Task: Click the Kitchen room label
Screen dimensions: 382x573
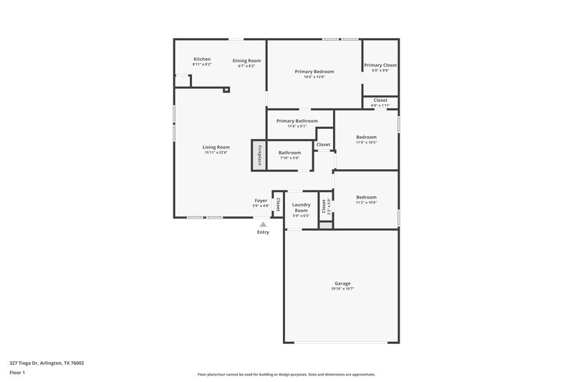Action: click(202, 59)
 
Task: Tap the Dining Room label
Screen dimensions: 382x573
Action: click(246, 60)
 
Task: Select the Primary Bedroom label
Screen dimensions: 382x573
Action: click(315, 72)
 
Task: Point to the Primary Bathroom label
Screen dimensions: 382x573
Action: click(297, 121)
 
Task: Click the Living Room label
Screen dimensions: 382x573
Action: click(216, 147)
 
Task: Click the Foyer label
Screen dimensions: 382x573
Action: click(261, 200)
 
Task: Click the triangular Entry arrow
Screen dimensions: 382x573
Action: click(263, 224)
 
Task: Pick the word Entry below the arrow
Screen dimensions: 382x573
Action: click(263, 232)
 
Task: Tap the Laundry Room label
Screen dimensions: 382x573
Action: click(301, 207)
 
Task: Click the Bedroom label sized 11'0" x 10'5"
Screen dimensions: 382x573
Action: click(366, 137)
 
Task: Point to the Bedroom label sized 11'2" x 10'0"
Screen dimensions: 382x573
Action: click(366, 197)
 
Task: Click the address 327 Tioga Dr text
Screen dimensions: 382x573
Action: click(42, 363)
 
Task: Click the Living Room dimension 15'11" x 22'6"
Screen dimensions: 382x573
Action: click(216, 152)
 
